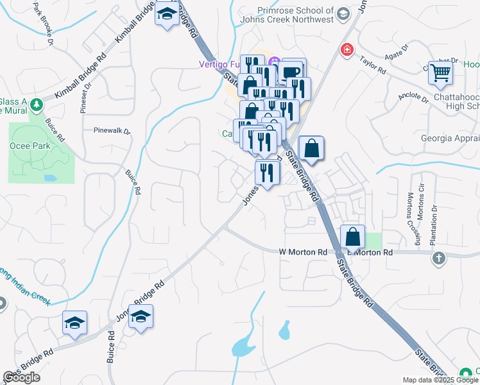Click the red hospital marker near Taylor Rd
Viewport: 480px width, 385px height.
click(347, 49)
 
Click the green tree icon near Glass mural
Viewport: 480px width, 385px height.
click(37, 105)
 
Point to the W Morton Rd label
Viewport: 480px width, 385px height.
click(303, 253)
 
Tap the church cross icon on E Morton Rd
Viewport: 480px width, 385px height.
click(438, 258)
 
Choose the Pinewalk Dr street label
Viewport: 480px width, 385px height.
click(112, 132)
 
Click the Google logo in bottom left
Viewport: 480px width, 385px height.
click(21, 377)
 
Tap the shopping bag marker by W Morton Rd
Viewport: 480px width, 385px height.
click(353, 237)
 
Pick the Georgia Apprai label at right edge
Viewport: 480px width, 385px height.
click(449, 138)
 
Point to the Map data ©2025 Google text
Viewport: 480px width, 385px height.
click(441, 380)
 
